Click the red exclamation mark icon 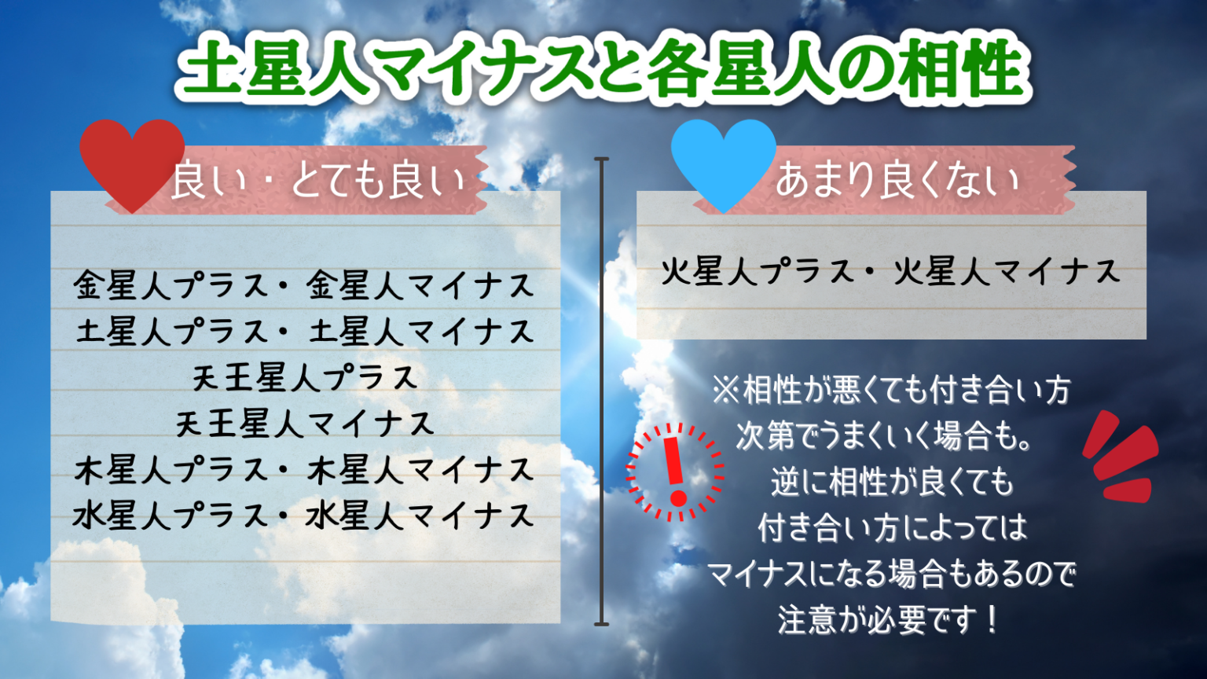click(675, 472)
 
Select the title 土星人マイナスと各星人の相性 click(603, 68)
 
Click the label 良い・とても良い click(318, 181)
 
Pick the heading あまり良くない click(897, 180)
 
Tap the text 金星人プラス click(171, 284)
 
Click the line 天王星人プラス click(306, 376)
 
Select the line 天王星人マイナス click(306, 423)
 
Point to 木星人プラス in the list click(171, 469)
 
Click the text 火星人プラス click(757, 270)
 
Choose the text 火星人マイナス click(1007, 270)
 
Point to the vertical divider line click(601, 392)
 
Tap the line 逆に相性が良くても click(892, 482)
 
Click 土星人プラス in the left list click(171, 330)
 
